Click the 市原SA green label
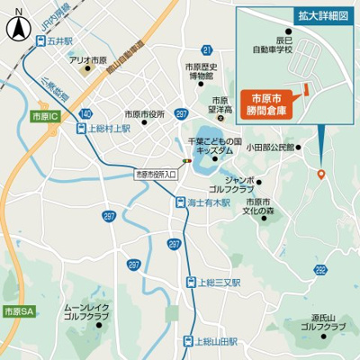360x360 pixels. pyautogui.click(x=17, y=310)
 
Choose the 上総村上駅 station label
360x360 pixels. pyautogui.click(x=109, y=129)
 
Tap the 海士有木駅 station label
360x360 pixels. pyautogui.click(x=211, y=203)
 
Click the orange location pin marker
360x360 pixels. pyautogui.click(x=321, y=173)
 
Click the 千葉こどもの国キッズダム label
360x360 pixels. pyautogui.click(x=215, y=147)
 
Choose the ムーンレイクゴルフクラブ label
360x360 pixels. pyautogui.click(x=85, y=312)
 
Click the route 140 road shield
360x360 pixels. pyautogui.click(x=85, y=114)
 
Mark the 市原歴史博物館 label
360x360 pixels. pyautogui.click(x=202, y=72)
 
